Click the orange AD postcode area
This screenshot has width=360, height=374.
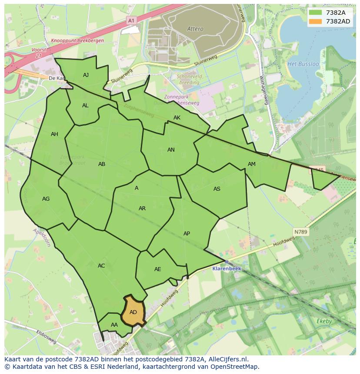pyautogui.click(x=133, y=312)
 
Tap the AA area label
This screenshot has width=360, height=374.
pyautogui.click(x=114, y=325)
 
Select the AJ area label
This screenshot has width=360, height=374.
pyautogui.click(x=86, y=75)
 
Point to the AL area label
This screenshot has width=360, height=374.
pyautogui.click(x=85, y=106)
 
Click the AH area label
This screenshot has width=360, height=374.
pyautogui.click(x=54, y=134)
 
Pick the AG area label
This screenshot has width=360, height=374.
pyautogui.click(x=46, y=199)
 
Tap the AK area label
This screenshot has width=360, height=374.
pyautogui.click(x=177, y=118)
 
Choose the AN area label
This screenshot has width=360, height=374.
pyautogui.click(x=171, y=150)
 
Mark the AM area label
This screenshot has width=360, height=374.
pyautogui.click(x=252, y=164)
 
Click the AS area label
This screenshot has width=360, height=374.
pyautogui.click(x=217, y=189)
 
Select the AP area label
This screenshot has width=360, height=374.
pyautogui.click(x=187, y=234)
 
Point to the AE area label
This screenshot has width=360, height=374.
pyautogui.click(x=158, y=269)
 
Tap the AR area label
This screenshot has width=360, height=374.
pyautogui.click(x=142, y=209)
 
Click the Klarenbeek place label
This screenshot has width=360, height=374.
pyautogui.click(x=227, y=268)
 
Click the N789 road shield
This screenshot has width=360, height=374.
pyautogui.click(x=300, y=232)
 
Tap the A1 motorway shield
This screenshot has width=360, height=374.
pyautogui.click(x=131, y=20)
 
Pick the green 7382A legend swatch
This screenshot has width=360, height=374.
pyautogui.click(x=316, y=13)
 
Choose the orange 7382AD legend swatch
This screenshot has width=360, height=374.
pyautogui.click(x=316, y=21)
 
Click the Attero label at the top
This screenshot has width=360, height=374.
pyautogui.click(x=195, y=29)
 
